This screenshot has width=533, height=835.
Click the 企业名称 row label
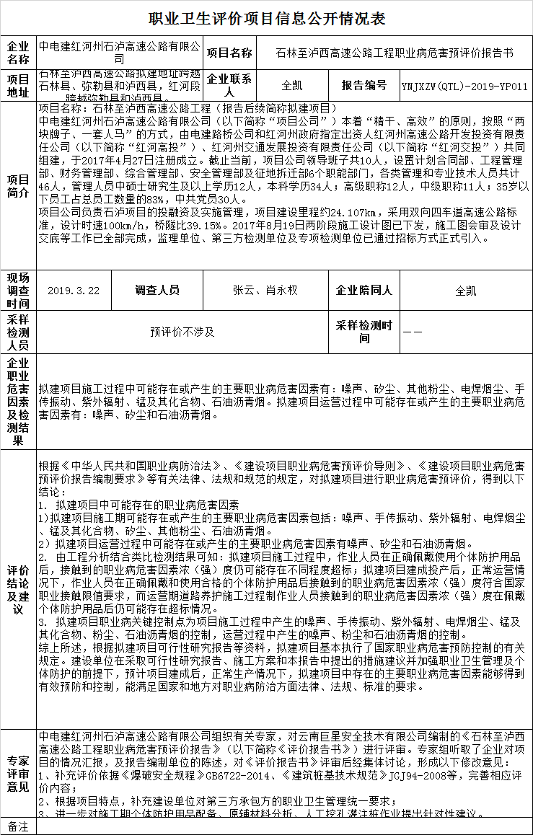click(x=18, y=53)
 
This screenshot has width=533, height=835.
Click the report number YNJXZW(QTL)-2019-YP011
click(x=464, y=86)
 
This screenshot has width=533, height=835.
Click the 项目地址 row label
click(x=18, y=86)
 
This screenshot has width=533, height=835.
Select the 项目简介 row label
click(x=18, y=186)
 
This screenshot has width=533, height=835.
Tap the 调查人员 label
click(x=157, y=291)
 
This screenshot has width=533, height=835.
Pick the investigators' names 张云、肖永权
click(x=265, y=291)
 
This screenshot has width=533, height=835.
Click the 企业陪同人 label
click(x=364, y=291)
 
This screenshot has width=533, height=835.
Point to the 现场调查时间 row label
click(x=18, y=291)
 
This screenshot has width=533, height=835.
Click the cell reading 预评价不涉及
click(x=182, y=332)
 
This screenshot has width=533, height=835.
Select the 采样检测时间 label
click(x=364, y=332)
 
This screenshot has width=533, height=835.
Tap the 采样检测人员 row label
click(x=18, y=332)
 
